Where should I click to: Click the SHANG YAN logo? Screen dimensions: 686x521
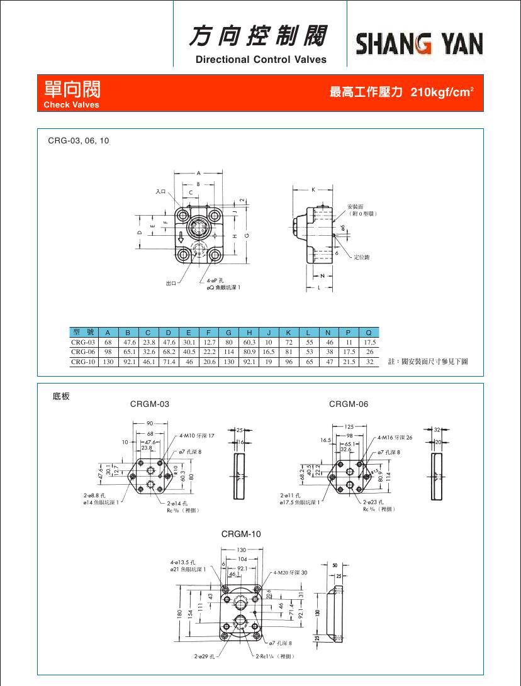(420, 44)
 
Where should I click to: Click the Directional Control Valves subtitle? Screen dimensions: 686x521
(261, 60)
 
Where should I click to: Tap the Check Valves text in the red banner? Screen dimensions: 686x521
(71, 105)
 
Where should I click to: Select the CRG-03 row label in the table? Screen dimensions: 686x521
(82, 342)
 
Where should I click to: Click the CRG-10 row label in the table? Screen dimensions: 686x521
(82, 362)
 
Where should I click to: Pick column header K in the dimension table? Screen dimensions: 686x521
(289, 332)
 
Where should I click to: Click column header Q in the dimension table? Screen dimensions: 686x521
(369, 332)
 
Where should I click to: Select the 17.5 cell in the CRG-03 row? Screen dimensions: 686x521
(369, 342)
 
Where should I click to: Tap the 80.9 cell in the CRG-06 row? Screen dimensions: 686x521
(249, 352)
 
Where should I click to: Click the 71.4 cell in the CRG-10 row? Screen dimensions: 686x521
(168, 362)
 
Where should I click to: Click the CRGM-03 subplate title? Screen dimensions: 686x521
(150, 404)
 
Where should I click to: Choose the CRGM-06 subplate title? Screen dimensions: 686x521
(349, 404)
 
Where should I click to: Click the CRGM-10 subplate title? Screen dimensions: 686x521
(241, 534)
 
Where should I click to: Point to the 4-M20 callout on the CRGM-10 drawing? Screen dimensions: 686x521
(291, 572)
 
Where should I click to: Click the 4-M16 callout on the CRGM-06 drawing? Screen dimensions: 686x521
(395, 436)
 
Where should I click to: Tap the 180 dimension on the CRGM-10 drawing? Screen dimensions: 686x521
(179, 612)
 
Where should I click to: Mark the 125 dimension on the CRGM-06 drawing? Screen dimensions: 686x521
(349, 427)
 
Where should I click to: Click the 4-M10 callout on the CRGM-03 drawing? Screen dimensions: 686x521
(197, 435)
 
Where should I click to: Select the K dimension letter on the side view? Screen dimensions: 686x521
(313, 188)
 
